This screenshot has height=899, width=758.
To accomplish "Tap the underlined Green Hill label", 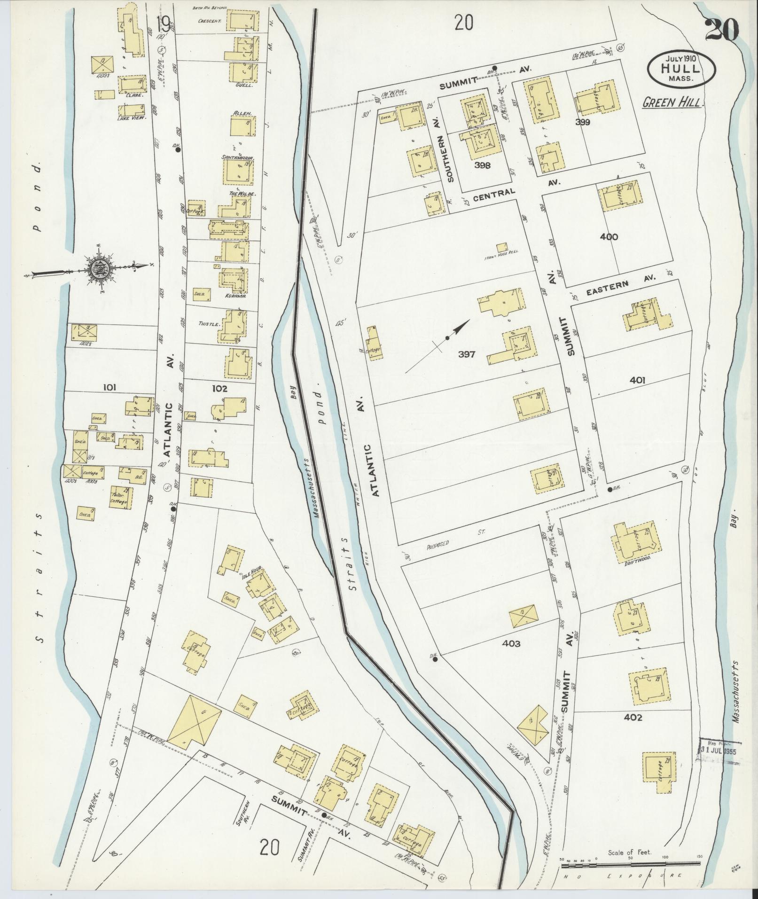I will pyautogui.click(x=672, y=103).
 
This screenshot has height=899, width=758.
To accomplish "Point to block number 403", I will pyautogui.click(x=511, y=644).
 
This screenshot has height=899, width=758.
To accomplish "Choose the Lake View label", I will pyautogui.click(x=133, y=118).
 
